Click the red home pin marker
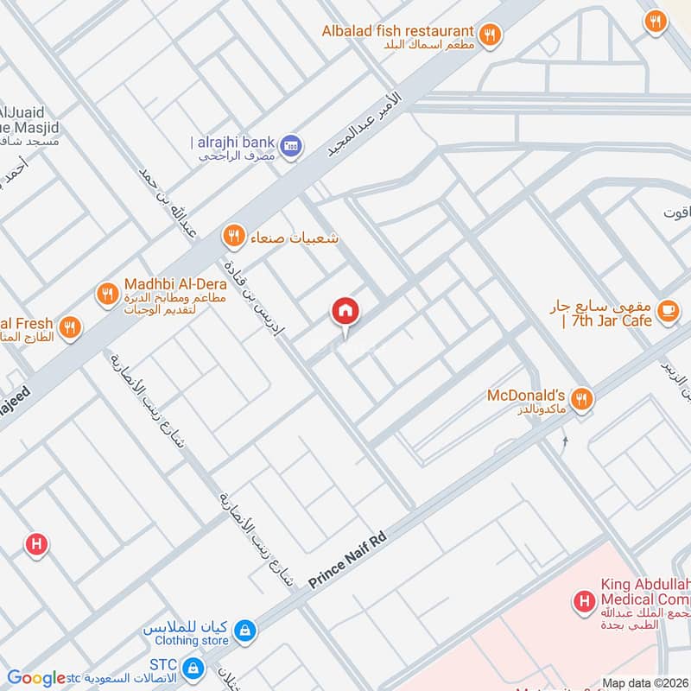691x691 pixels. (x=345, y=312)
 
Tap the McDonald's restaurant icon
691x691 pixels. (x=582, y=397)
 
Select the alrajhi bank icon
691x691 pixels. (x=291, y=143)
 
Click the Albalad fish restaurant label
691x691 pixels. (x=397, y=31)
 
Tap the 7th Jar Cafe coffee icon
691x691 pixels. (x=668, y=311)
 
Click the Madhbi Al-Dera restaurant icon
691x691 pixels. (x=107, y=293)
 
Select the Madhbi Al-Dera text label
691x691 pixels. (x=175, y=284)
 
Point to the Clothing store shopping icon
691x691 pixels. (x=245, y=631)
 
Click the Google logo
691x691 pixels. (x=36, y=678)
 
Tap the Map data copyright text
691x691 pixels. (x=644, y=683)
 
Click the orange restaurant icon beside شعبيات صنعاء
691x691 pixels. (x=232, y=236)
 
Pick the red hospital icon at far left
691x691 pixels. (x=35, y=544)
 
